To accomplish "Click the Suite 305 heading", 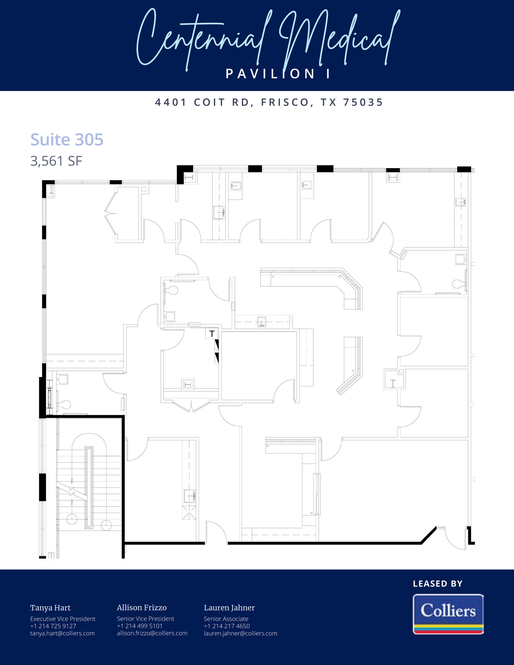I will (67, 140).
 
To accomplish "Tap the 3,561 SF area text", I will (56, 161).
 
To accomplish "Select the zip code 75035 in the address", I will (363, 103).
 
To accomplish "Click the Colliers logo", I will (448, 614).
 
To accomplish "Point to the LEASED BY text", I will (437, 584).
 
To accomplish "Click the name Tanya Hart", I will (50, 608).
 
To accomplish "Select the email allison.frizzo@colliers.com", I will (152, 633).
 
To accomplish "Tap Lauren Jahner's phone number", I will (227, 626).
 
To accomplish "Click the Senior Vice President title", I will (145, 619).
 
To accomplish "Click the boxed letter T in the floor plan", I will (212, 333).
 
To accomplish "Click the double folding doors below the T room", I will (192, 406).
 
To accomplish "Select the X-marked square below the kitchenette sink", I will (189, 512).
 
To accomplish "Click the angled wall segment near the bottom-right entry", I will (429, 535).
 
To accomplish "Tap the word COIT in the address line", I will (209, 103).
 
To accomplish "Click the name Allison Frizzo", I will (142, 608).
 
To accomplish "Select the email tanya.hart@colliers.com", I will (62, 633).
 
